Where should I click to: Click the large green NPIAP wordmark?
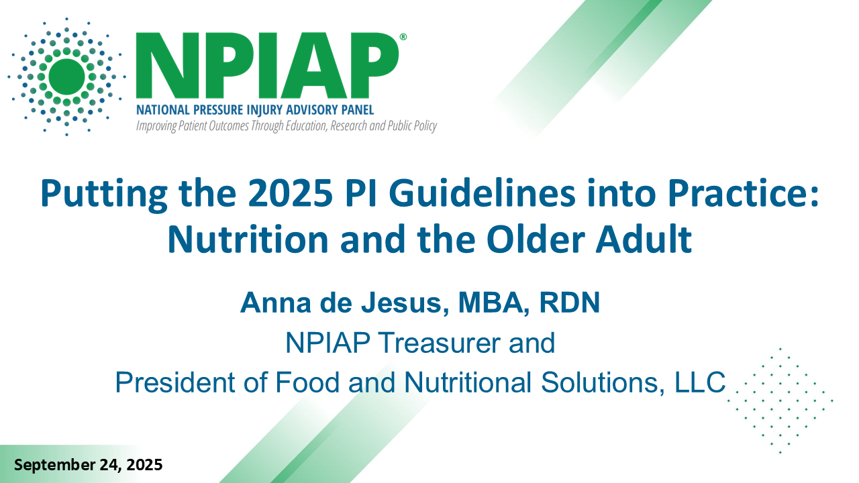click(x=267, y=66)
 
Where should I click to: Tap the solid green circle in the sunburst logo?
click(x=66, y=76)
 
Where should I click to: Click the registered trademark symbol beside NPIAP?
click(x=403, y=37)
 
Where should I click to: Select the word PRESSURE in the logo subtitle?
click(x=218, y=110)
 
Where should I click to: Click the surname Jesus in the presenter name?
click(x=405, y=303)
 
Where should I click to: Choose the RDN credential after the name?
click(x=569, y=303)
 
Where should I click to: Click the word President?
click(x=175, y=382)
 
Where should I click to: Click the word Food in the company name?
click(x=307, y=382)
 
